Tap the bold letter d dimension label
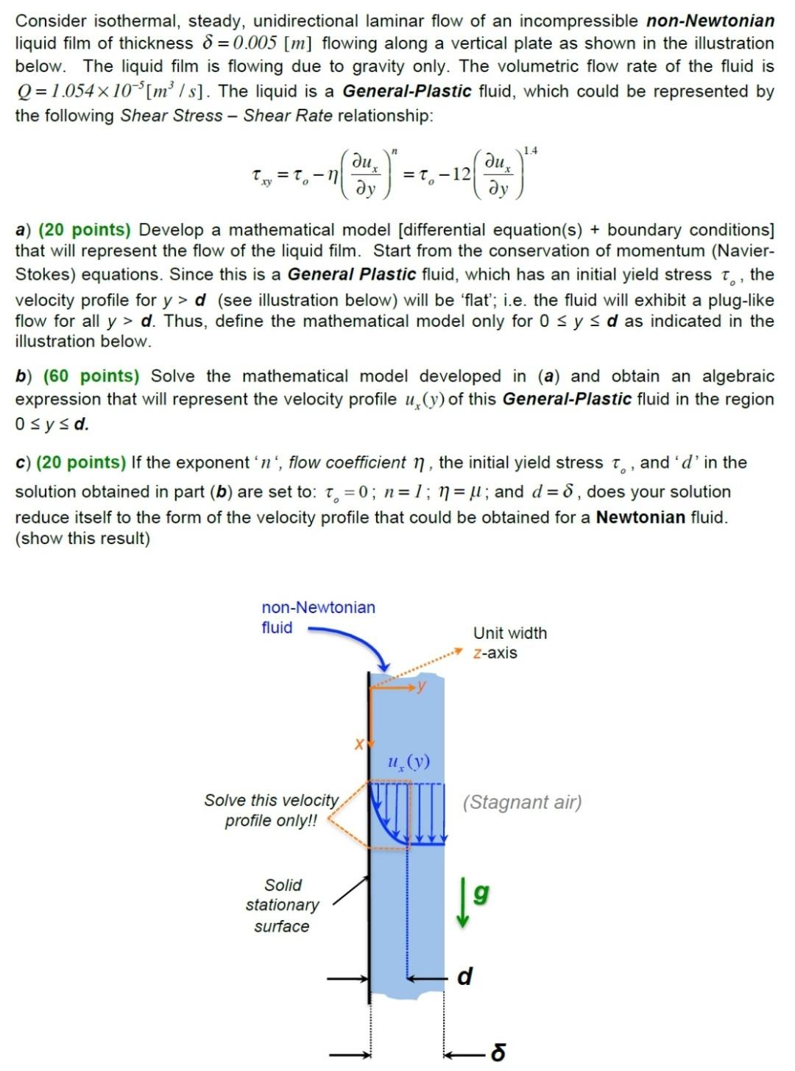pyautogui.click(x=464, y=976)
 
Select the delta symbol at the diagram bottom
pyautogui.click(x=498, y=1053)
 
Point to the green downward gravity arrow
pyautogui.click(x=462, y=902)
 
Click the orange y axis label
pyautogui.click(x=421, y=686)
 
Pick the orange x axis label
pyautogui.click(x=359, y=744)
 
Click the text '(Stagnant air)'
pyautogui.click(x=522, y=802)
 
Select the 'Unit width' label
pyautogui.click(x=510, y=633)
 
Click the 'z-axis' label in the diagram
pyautogui.click(x=495, y=653)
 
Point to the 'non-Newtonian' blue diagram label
pyautogui.click(x=318, y=607)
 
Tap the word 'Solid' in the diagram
pyautogui.click(x=283, y=885)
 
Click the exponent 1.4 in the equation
pyautogui.click(x=530, y=151)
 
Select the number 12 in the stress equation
pyautogui.click(x=461, y=174)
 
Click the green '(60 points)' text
pyautogui.click(x=91, y=376)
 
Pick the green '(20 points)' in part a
pyautogui.click(x=84, y=230)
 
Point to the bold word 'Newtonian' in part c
pyautogui.click(x=640, y=517)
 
